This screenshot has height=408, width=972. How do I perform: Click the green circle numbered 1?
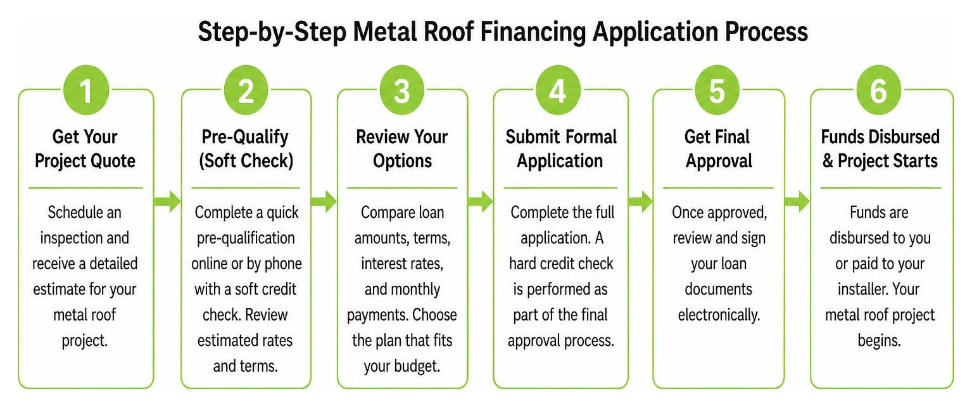tap(85, 91)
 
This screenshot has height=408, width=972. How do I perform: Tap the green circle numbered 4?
tap(558, 91)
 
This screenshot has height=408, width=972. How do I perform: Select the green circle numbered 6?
tap(879, 91)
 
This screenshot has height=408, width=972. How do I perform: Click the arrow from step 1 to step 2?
tap(168, 201)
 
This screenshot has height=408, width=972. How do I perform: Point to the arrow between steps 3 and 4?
tap(481, 201)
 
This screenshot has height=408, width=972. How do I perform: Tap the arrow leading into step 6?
tap(798, 201)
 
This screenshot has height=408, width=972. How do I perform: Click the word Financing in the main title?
tap(533, 32)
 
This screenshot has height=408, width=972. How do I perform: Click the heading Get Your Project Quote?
tap(85, 149)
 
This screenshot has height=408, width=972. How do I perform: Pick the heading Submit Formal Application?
tap(560, 149)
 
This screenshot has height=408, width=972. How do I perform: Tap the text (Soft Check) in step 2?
tap(246, 161)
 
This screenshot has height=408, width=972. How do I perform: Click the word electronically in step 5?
tap(719, 315)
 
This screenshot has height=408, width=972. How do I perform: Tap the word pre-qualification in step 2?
tap(246, 238)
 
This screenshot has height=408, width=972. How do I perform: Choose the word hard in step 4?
tap(524, 264)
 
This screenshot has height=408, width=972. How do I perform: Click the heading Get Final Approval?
tap(718, 149)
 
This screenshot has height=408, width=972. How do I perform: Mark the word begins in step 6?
tap(879, 341)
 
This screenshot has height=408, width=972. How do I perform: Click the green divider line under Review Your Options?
tap(402, 188)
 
